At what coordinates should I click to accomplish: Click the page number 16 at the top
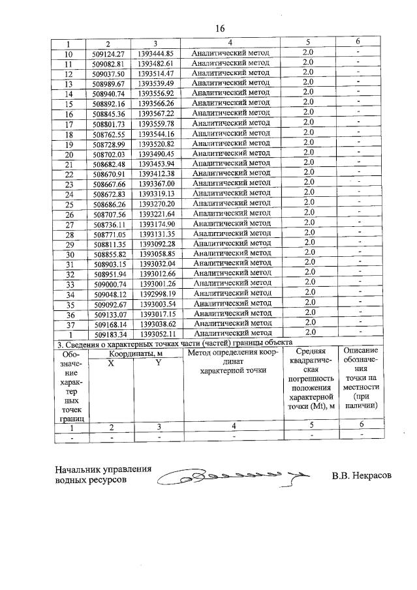point(219,28)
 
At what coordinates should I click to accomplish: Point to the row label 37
point(69,323)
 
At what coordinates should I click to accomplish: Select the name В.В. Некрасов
point(361,476)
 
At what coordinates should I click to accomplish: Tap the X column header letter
point(110,362)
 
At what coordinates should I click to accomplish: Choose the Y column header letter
point(157,362)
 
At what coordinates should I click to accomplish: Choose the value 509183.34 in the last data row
point(109,334)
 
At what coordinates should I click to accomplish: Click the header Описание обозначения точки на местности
point(360,378)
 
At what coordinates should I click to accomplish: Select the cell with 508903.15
point(109,263)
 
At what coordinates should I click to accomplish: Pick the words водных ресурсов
point(91,480)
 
